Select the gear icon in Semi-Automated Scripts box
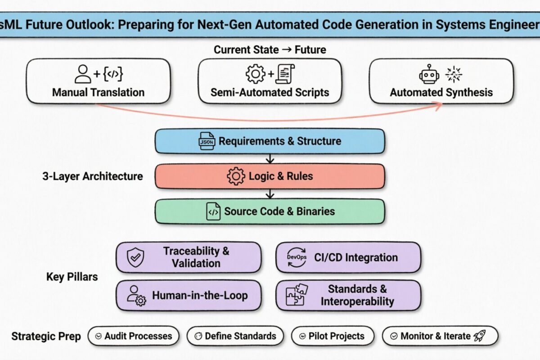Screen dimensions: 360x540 [256, 74]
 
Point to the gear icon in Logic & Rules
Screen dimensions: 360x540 [236, 176]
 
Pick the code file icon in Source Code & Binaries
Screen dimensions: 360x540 [213, 211]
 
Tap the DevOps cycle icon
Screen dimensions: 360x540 [296, 257]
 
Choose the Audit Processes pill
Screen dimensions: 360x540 [133, 336]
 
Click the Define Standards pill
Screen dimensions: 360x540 [235, 336]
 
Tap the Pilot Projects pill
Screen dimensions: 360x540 [327, 336]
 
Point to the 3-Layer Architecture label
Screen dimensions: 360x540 [92, 176]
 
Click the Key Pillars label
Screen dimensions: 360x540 [72, 277]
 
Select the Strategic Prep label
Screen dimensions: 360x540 [46, 336]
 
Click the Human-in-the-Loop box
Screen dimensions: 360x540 [189, 296]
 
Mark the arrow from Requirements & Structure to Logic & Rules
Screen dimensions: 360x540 [270, 159]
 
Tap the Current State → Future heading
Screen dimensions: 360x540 [270, 49]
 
